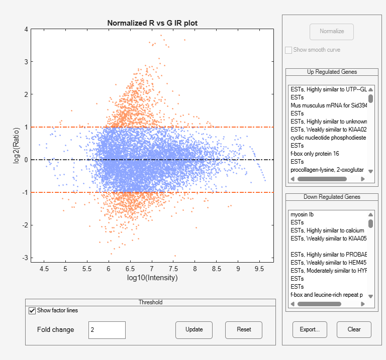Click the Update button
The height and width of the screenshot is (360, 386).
pos(194,330)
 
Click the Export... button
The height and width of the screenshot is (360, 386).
pos(310,329)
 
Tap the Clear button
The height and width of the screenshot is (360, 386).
pos(354,329)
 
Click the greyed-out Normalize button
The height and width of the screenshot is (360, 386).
pos(332,32)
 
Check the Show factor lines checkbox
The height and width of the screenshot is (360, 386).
pos(33,310)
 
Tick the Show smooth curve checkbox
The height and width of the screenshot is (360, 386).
pos(288,50)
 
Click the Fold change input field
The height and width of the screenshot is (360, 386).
pos(107,330)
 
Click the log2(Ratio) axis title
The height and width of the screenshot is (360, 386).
pos(17,144)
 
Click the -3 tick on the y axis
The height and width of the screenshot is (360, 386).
pos(25,258)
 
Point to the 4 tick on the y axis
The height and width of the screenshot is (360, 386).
pos(26,29)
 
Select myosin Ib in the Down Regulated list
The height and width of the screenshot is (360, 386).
pos(302,214)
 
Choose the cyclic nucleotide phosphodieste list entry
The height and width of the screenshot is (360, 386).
pos(328,138)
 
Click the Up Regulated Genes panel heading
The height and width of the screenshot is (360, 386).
pos(332,72)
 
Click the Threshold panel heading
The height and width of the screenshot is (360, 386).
pos(150,302)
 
